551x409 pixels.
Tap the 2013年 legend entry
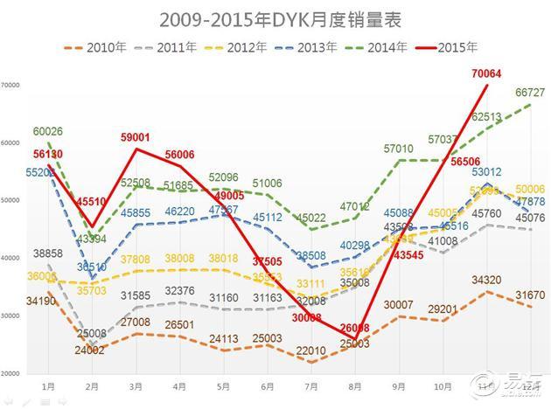[x=312, y=47]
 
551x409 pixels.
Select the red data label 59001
[x=138, y=137]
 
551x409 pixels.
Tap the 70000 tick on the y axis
[x=11, y=86]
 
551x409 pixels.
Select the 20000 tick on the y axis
[x=11, y=373]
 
